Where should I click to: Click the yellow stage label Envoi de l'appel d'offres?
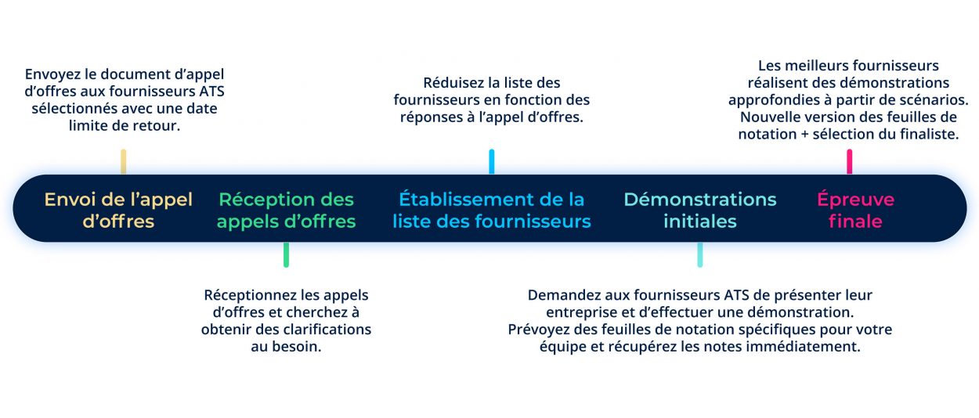coord(118,210)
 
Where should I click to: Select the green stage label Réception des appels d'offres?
coord(287,210)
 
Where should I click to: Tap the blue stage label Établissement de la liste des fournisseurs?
coord(492,210)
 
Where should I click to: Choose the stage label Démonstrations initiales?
coord(700,210)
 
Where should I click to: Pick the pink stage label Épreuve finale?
coord(856,210)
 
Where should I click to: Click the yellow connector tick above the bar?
coord(124,161)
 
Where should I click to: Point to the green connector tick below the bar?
coord(287,254)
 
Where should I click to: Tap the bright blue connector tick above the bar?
coord(492,161)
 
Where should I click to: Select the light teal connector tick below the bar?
coord(700,254)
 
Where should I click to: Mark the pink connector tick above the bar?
coord(850,161)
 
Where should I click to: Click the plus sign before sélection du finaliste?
coord(804,135)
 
